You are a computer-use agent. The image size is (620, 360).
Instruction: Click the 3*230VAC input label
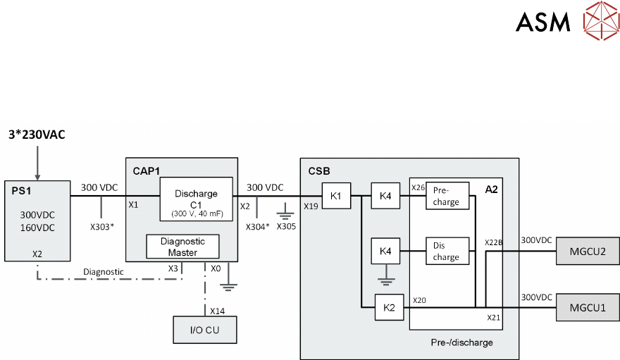point(37,135)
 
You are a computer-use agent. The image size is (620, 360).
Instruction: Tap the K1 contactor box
point(336,196)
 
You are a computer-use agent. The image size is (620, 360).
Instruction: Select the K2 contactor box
point(390,307)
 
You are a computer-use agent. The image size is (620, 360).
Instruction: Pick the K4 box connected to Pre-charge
point(385,196)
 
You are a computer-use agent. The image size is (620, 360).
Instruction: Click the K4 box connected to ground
point(385,252)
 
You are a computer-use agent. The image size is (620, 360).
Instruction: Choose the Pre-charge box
point(447,196)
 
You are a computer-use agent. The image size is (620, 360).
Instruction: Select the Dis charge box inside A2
point(447,252)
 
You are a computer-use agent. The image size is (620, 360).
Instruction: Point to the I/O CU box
point(206,329)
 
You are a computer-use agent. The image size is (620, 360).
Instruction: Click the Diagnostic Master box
point(183,247)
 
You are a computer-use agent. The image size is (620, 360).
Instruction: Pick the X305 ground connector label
point(287,227)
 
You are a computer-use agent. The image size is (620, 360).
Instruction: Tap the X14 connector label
point(217,310)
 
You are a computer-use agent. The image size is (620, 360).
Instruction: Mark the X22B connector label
point(493,243)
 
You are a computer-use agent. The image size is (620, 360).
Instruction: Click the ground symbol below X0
point(228,286)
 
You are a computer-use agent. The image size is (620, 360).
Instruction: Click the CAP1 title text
point(146,170)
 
